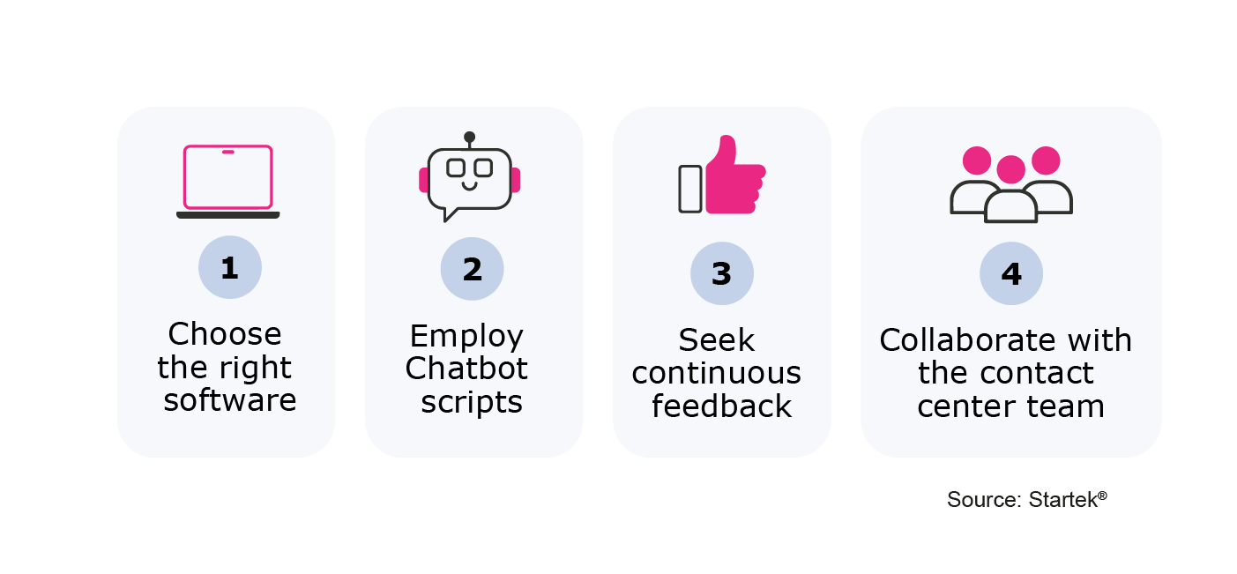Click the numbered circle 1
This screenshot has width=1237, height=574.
(230, 267)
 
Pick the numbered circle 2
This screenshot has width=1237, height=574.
(473, 269)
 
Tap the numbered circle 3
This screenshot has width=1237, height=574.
(722, 273)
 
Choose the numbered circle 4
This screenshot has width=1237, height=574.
(1011, 273)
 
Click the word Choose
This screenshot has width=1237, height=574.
(225, 333)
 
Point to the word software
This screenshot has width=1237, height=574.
(230, 399)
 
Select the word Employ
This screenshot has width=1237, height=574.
(466, 337)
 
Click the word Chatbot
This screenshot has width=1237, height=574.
(466, 368)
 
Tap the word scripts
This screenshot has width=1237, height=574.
(472, 402)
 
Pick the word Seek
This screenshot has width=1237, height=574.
(716, 339)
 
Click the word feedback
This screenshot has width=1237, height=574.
(722, 406)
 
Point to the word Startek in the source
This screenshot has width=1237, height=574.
(1063, 499)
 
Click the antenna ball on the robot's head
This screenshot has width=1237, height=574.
(469, 137)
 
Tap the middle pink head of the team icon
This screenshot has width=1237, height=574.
(1010, 169)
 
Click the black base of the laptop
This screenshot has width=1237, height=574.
(228, 215)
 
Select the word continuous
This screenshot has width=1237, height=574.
(716, 373)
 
